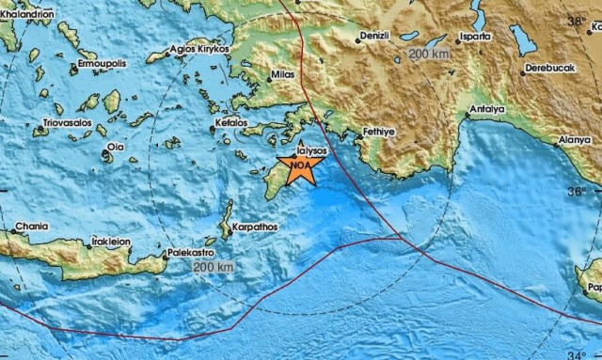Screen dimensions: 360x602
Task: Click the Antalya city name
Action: point(488,109)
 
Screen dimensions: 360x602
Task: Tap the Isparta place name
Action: point(472,37)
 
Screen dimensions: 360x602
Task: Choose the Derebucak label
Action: point(550,69)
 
